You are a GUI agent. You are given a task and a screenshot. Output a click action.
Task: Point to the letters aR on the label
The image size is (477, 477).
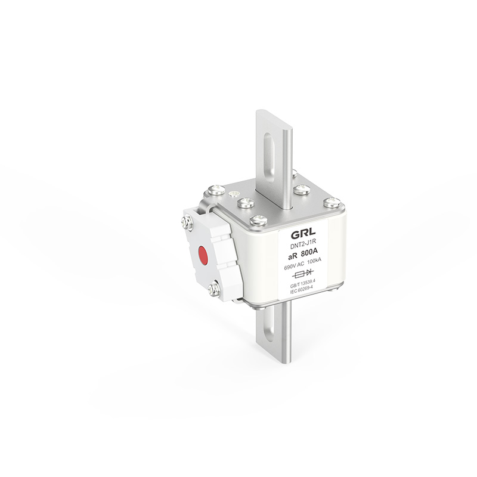pos(293,257)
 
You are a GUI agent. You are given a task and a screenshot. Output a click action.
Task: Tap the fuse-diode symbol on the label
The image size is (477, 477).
pos(303,274)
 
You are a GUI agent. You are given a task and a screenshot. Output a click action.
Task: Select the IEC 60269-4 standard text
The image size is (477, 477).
pos(302,292)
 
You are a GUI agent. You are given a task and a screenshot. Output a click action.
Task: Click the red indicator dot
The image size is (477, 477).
pos(202,254)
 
